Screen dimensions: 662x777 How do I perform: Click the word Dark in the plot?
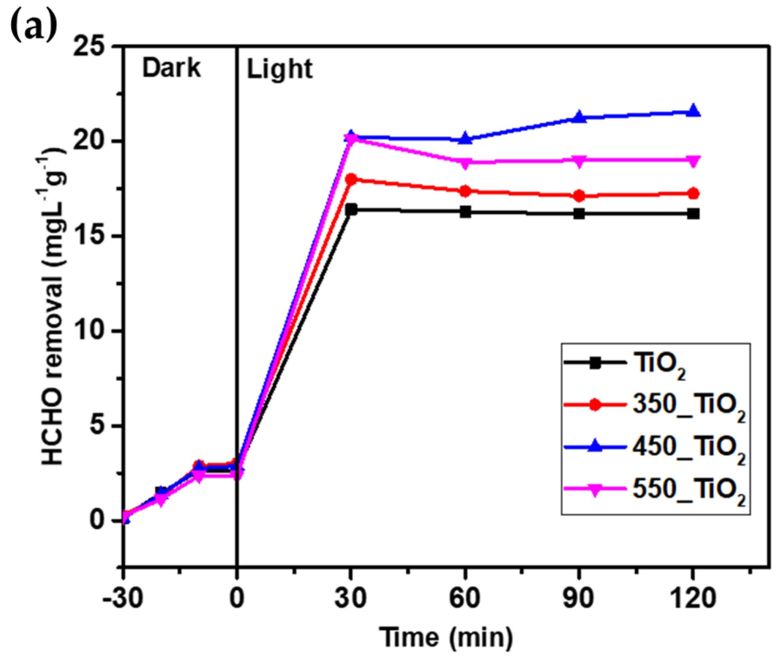coord(172,68)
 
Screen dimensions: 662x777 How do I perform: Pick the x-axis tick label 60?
coord(465,598)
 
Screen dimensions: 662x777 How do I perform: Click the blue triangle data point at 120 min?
coord(693,111)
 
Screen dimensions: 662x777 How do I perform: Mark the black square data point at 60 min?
coord(465,211)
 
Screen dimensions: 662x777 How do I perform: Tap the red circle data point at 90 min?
coord(579,196)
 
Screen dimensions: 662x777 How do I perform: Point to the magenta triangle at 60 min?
coord(465,163)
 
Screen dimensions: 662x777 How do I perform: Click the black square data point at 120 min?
coord(693,214)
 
